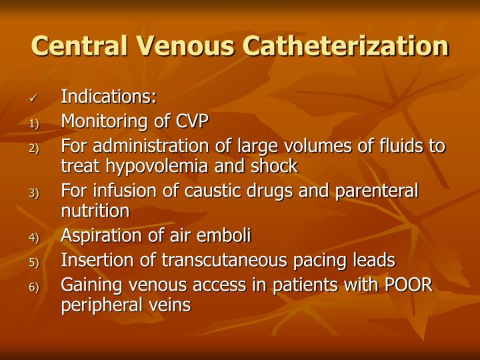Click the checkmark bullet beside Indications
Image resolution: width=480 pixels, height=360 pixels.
pos(34,99)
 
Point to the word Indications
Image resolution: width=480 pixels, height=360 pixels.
pos(108,97)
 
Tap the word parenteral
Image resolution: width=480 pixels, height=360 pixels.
pos(378,191)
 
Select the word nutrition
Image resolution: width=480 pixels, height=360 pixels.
pos(95,211)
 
